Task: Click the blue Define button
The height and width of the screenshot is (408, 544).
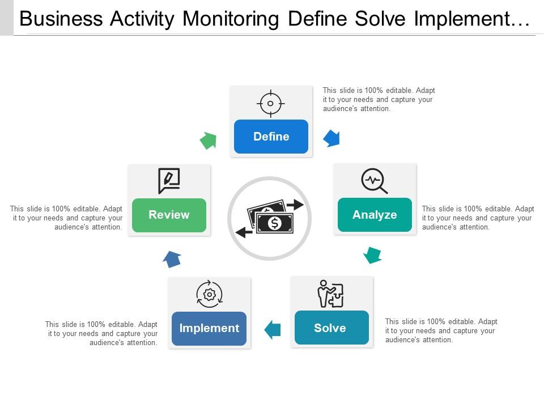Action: pyautogui.click(x=271, y=137)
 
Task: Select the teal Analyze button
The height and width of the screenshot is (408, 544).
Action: pyautogui.click(x=375, y=215)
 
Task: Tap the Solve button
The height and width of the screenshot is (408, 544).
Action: pyautogui.click(x=331, y=328)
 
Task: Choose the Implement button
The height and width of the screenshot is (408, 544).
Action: pyautogui.click(x=209, y=328)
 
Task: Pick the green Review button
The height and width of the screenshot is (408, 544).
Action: pyautogui.click(x=169, y=215)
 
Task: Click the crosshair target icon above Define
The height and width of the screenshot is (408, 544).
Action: pyautogui.click(x=271, y=103)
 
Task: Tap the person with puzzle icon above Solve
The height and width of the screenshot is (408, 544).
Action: pyautogui.click(x=330, y=294)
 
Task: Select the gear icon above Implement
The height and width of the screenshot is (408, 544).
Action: pyautogui.click(x=210, y=294)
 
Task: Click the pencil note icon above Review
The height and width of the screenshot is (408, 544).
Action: pyautogui.click(x=169, y=181)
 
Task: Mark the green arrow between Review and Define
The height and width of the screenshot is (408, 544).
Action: pyautogui.click(x=209, y=141)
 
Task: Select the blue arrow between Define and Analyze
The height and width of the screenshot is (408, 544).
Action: pyautogui.click(x=331, y=138)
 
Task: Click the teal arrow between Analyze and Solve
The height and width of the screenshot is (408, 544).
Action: pyautogui.click(x=372, y=255)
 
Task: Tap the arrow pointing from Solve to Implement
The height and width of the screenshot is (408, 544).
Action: pyautogui.click(x=273, y=329)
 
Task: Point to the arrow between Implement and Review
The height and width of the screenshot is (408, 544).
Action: pyautogui.click(x=172, y=260)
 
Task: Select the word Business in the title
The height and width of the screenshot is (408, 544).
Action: pyautogui.click(x=60, y=19)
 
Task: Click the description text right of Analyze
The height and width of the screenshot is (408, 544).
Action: pyautogui.click(x=478, y=218)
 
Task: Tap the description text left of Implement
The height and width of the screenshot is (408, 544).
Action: pyautogui.click(x=101, y=333)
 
